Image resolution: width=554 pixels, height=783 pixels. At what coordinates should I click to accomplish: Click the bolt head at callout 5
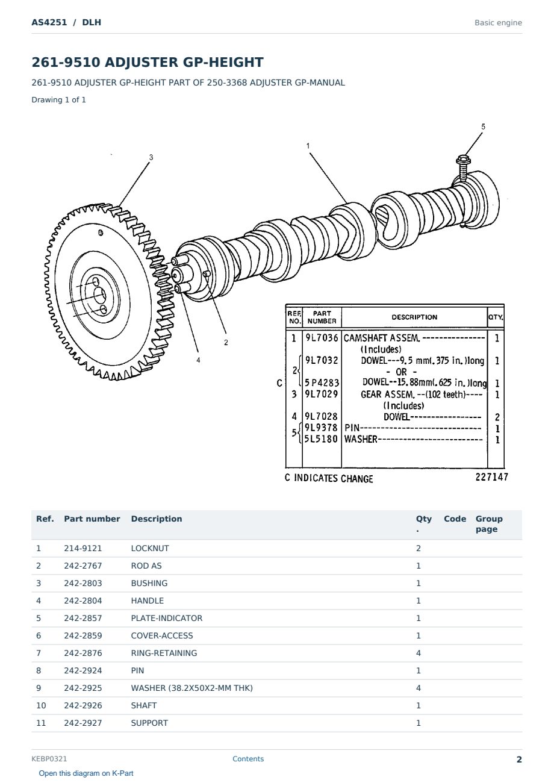tap(463, 160)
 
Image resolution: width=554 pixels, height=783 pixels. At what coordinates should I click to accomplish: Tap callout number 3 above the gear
tap(151, 157)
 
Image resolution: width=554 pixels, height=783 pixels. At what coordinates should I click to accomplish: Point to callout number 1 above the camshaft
tap(308, 146)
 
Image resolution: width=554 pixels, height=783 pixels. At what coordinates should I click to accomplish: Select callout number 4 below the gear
tap(198, 360)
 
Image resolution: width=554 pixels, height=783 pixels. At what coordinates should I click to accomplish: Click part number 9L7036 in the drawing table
tap(322, 338)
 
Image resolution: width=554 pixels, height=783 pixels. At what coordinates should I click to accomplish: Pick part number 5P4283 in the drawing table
tap(322, 383)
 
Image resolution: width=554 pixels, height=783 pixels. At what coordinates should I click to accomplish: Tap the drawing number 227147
tap(491, 477)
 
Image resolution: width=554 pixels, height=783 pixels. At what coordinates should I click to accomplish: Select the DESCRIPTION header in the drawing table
tap(414, 317)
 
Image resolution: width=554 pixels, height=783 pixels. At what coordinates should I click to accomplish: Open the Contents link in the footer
tap(248, 759)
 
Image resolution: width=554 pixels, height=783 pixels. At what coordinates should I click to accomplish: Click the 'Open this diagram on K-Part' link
tap(86, 773)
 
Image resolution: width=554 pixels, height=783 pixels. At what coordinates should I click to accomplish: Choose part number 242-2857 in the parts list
tap(83, 618)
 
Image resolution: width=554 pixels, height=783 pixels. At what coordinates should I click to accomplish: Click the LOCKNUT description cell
tap(150, 548)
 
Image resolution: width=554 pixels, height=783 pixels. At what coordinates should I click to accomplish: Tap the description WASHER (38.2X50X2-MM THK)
tap(192, 688)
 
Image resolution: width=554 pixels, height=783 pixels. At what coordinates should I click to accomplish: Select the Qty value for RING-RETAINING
tap(419, 653)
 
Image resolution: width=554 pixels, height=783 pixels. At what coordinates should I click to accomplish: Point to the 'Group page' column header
tap(489, 523)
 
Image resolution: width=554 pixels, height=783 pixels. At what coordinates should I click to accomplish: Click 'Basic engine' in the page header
tap(498, 23)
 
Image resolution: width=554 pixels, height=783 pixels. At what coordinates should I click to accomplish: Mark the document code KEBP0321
tap(49, 759)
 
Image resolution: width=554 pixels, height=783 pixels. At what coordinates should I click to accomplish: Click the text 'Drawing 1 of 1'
tap(59, 99)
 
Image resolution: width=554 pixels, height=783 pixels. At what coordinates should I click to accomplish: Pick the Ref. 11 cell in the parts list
tap(41, 723)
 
